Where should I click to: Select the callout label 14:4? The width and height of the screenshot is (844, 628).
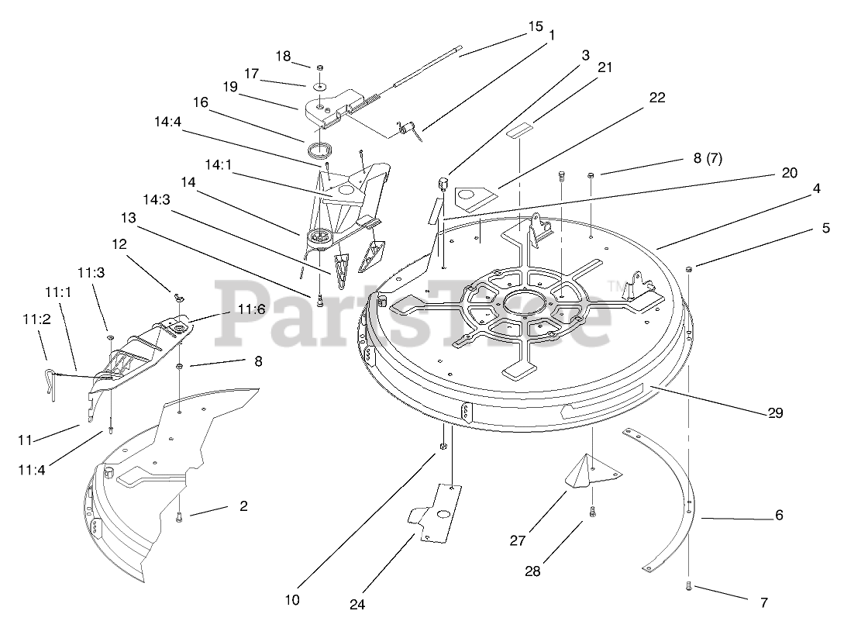[x=168, y=121]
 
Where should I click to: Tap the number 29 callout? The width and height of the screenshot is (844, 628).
[x=775, y=412]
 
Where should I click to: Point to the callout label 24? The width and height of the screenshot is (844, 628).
[x=357, y=604]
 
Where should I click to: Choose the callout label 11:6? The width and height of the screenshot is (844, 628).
[x=251, y=309]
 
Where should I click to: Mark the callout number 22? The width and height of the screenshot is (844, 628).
[x=657, y=97]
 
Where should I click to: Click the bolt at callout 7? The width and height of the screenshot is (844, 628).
[x=688, y=587]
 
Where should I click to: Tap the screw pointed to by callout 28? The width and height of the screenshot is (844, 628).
[x=593, y=510]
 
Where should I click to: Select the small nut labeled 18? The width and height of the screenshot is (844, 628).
[x=319, y=67]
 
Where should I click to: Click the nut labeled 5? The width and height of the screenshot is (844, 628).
[x=688, y=269]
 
